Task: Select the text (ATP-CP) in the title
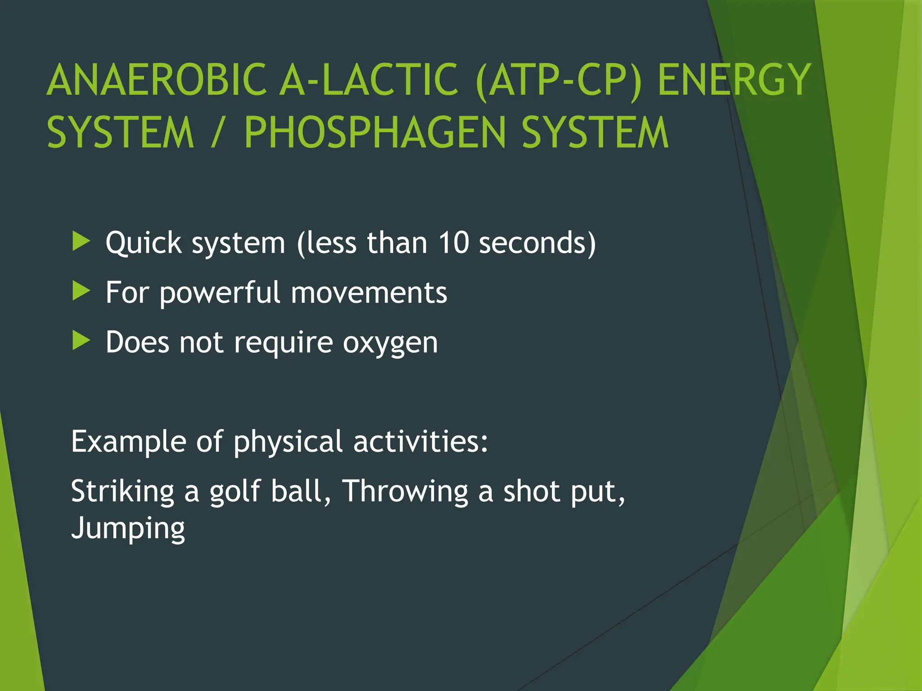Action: (x=558, y=81)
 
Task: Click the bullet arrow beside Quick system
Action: (x=81, y=242)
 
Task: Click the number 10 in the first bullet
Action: (x=454, y=243)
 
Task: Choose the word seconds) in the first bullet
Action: (x=538, y=243)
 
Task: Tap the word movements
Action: (x=369, y=293)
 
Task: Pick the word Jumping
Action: (x=128, y=529)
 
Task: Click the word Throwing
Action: (x=405, y=491)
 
